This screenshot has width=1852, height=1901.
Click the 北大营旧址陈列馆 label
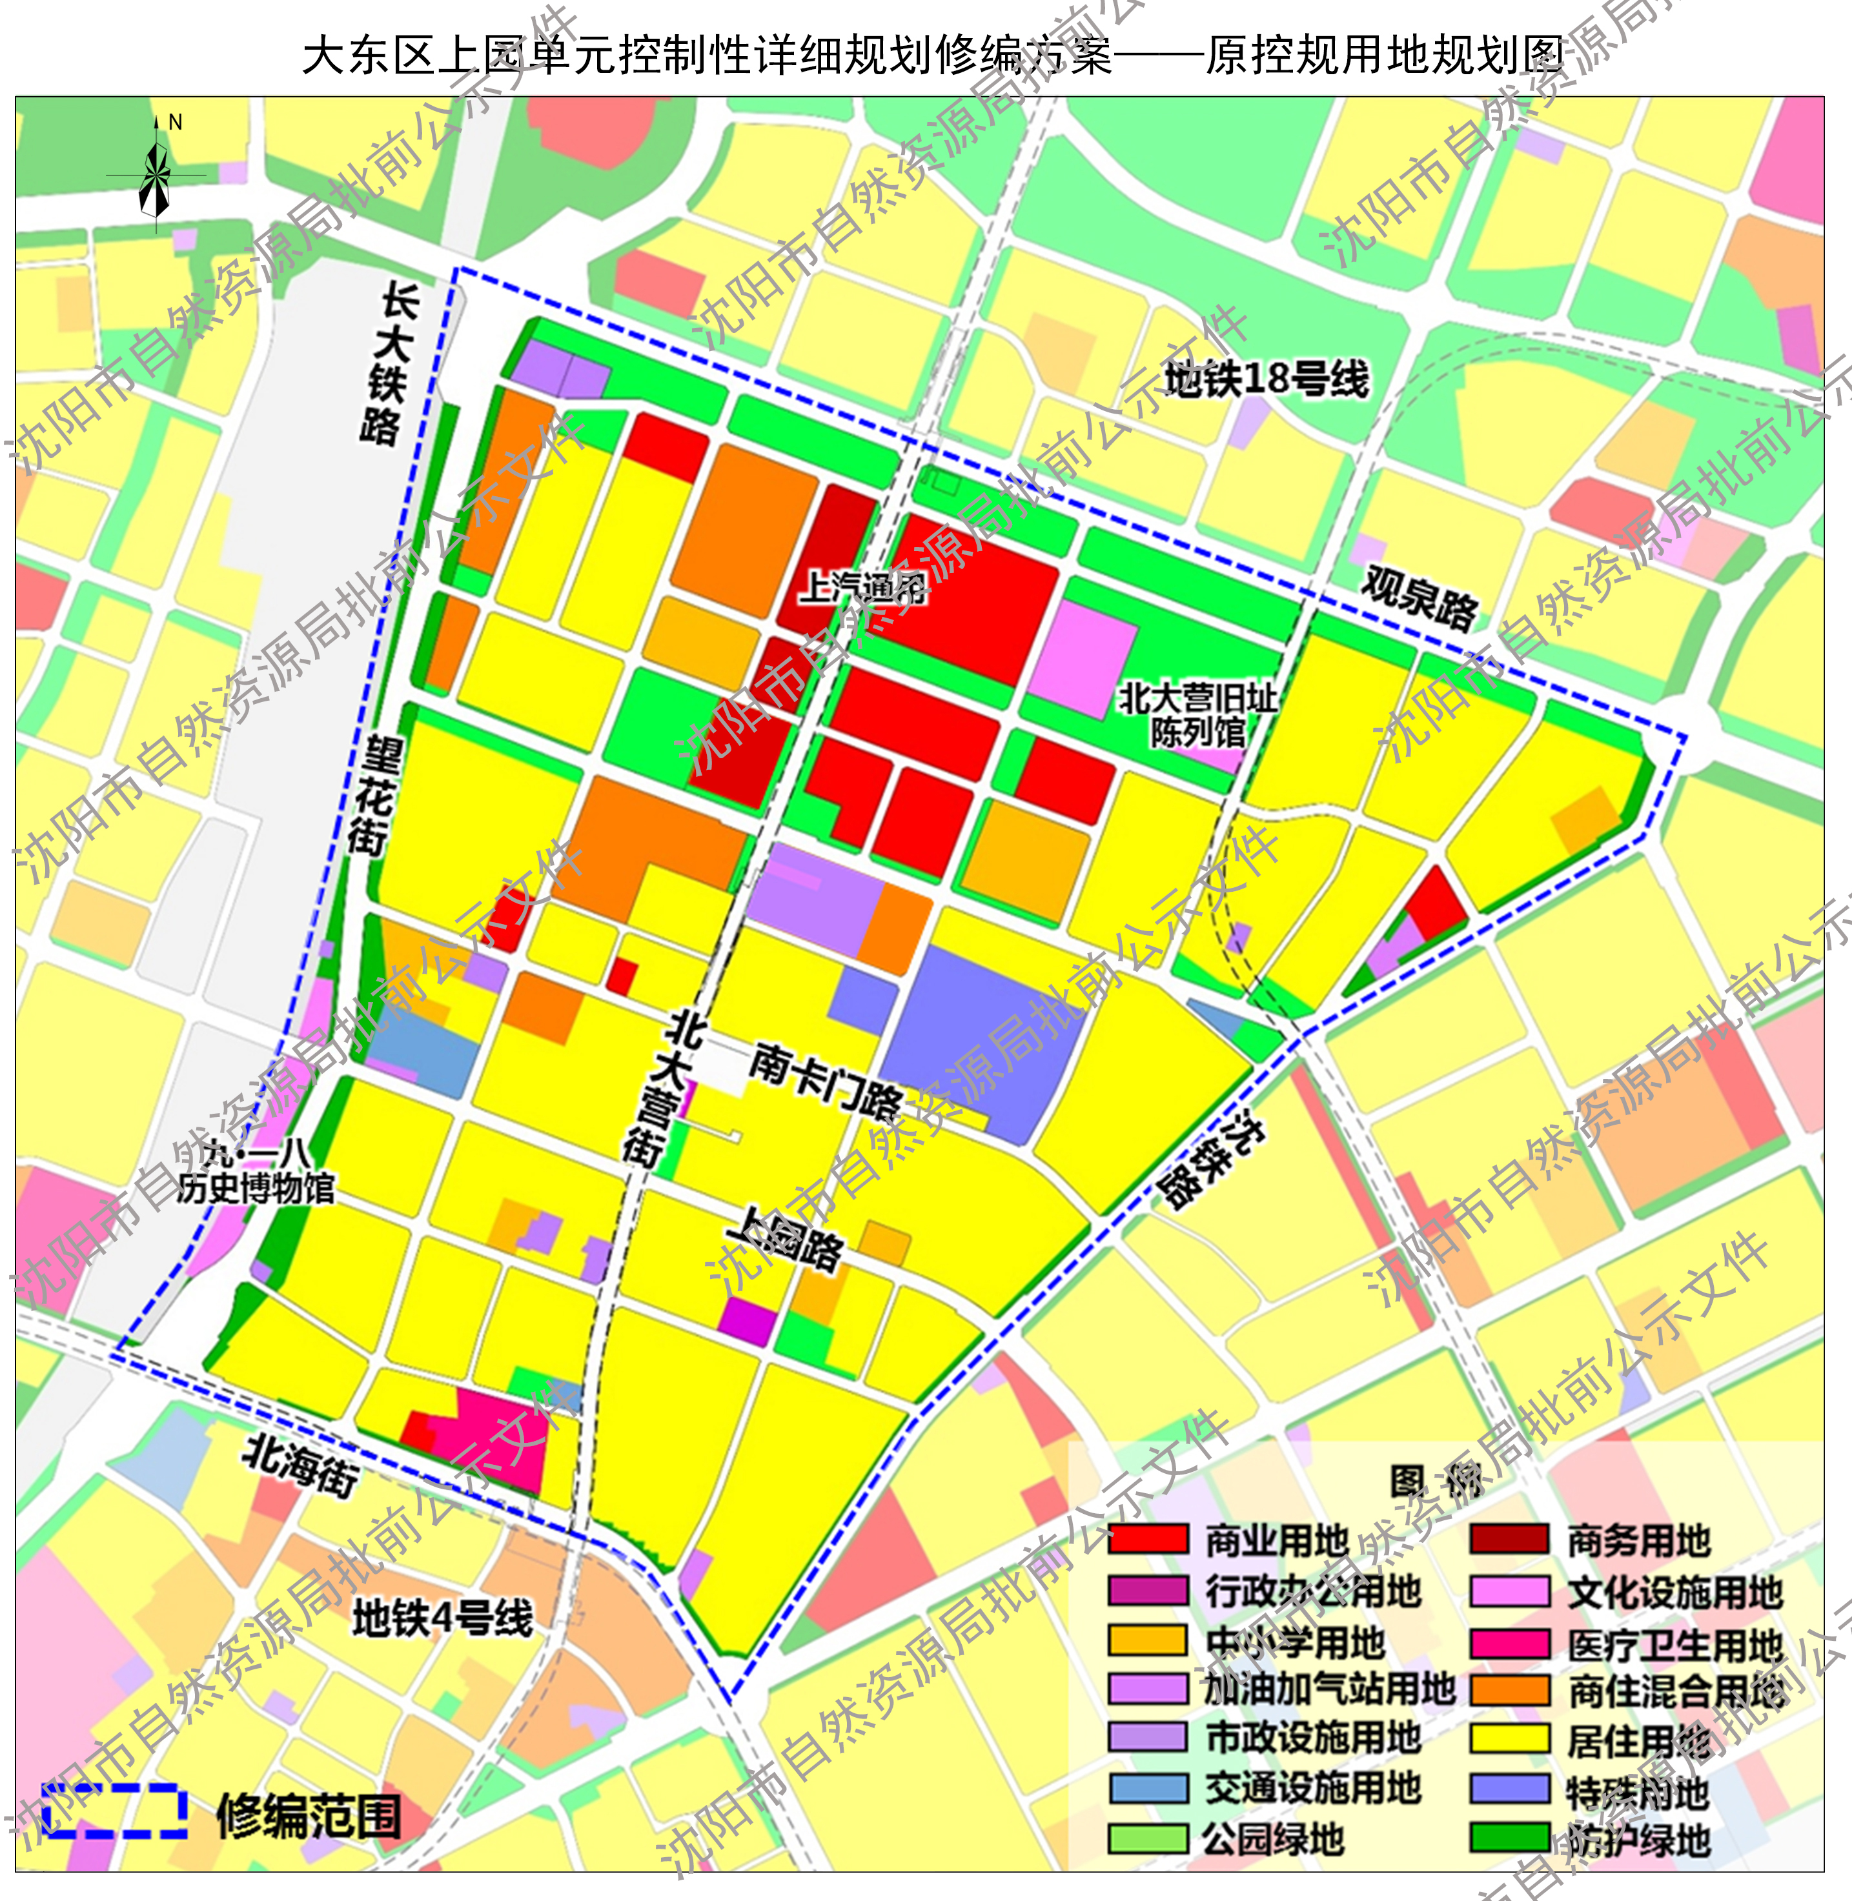[1197, 715]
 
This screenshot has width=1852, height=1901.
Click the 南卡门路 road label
[825, 1080]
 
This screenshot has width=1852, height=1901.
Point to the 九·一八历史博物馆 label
[256, 1172]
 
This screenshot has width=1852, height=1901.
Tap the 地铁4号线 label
[443, 1619]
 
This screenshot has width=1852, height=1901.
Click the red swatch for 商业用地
[1148, 1539]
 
